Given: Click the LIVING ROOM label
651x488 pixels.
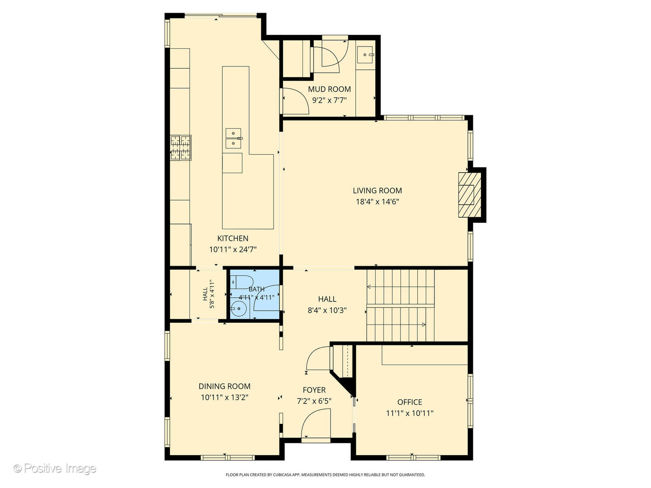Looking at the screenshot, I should pyautogui.click(x=377, y=191).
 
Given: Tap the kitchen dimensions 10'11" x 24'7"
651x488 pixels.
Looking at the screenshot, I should pyautogui.click(x=233, y=249).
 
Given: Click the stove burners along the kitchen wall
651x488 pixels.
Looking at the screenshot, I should pyautogui.click(x=180, y=148).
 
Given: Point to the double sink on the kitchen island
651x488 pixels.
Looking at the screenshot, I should pyautogui.click(x=233, y=138).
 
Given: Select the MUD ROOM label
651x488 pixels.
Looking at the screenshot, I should pyautogui.click(x=329, y=89).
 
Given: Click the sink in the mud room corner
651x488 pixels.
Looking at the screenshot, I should pyautogui.click(x=365, y=55).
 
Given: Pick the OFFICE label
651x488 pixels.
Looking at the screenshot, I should pyautogui.click(x=410, y=402).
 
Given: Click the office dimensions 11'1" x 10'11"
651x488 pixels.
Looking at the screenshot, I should pyautogui.click(x=410, y=413).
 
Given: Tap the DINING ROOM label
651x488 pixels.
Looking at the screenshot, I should pyautogui.click(x=225, y=386).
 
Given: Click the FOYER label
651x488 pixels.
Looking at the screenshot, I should pyautogui.click(x=314, y=390).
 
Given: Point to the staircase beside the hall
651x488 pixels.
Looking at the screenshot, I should pyautogui.click(x=400, y=305).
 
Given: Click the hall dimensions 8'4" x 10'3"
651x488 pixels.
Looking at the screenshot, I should pyautogui.click(x=327, y=310).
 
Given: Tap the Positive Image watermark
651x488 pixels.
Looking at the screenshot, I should pyautogui.click(x=55, y=469).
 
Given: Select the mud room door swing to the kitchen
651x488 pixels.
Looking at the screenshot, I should pyautogui.click(x=295, y=102).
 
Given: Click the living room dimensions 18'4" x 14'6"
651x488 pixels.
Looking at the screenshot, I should pyautogui.click(x=377, y=202).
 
